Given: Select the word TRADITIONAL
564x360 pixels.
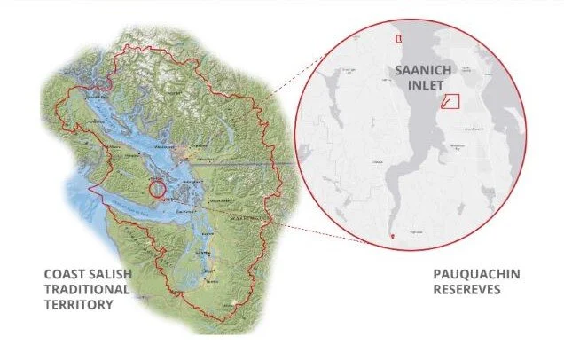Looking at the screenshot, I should tap(88, 288).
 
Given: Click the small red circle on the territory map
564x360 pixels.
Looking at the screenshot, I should tap(157, 188).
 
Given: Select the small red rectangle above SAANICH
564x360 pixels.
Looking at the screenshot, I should tap(399, 38).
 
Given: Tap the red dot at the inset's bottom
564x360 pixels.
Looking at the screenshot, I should tap(392, 237).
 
